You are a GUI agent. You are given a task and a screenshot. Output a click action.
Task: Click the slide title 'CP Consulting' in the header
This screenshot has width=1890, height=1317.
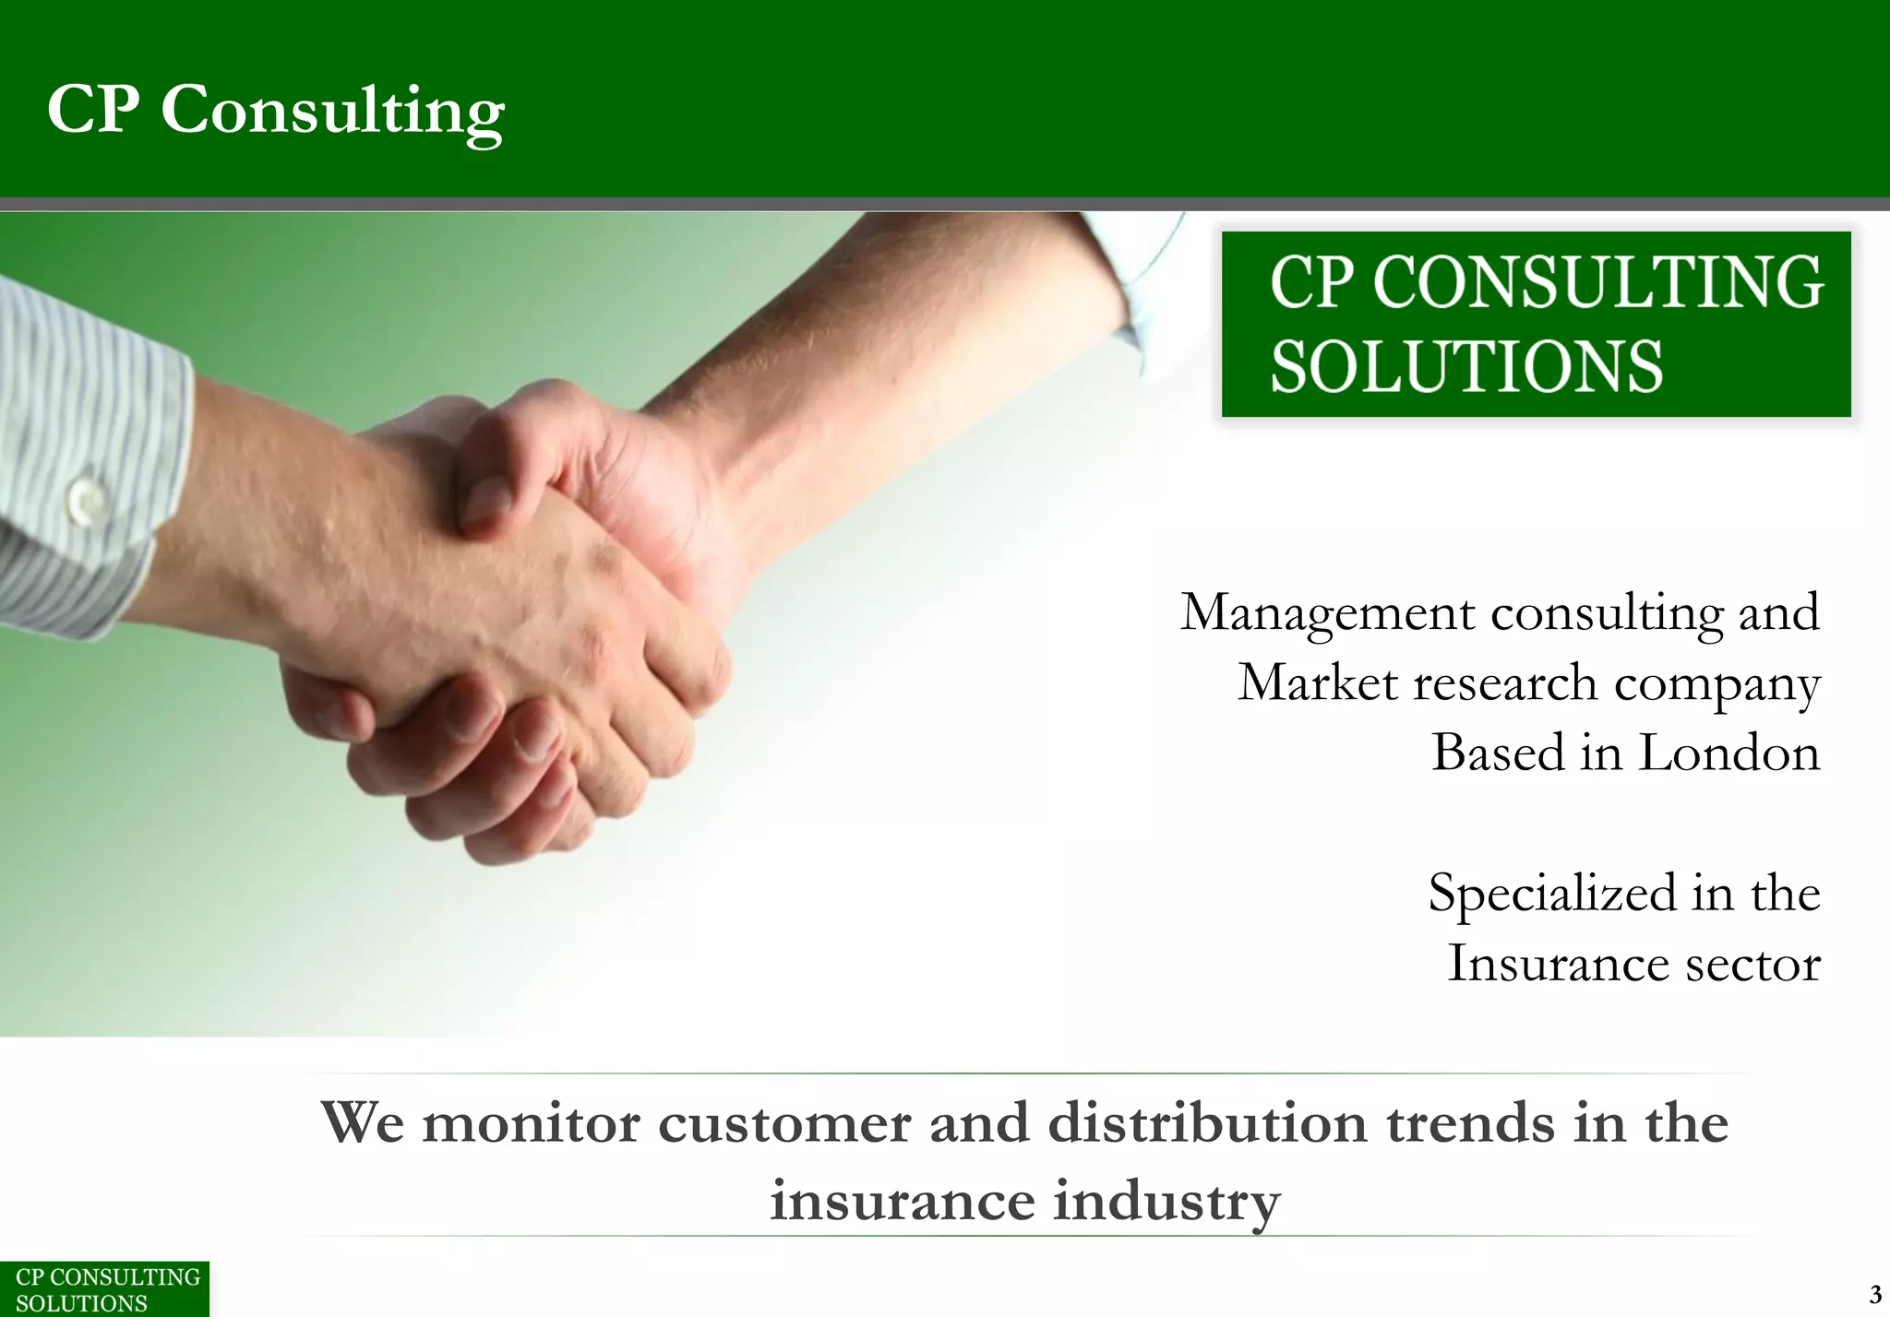coord(275,110)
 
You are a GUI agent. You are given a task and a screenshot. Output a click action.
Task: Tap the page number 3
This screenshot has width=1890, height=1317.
coord(1874,1294)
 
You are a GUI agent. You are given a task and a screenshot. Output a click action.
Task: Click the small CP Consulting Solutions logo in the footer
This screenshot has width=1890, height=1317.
coord(104,1289)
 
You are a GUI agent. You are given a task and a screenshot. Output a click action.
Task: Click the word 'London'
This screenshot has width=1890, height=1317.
coord(1729,753)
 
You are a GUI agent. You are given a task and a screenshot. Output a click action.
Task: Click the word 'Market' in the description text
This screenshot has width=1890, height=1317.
coord(1317,683)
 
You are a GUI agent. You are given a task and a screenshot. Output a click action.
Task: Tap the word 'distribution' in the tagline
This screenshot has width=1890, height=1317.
coord(1207,1124)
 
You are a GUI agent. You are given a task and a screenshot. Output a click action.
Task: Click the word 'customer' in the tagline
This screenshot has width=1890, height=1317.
coord(784,1124)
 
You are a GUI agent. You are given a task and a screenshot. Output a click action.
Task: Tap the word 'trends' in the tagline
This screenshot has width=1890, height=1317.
coord(1470,1124)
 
